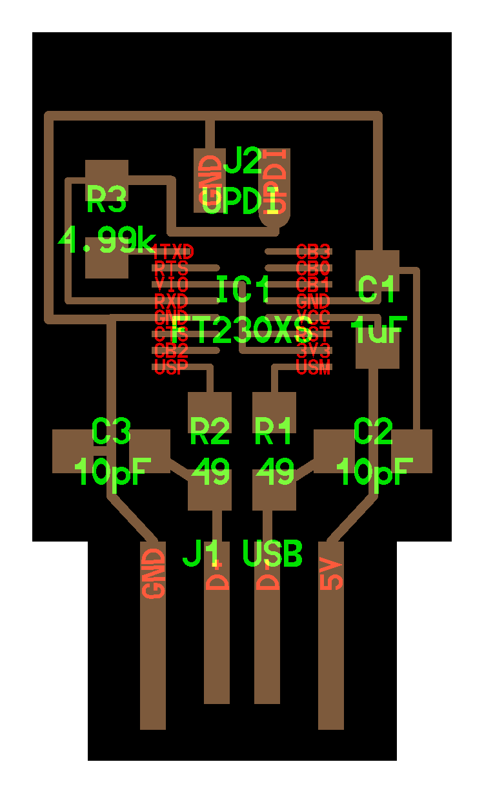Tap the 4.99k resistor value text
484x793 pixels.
point(106,241)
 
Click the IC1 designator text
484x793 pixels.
point(244,290)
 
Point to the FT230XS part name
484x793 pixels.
point(243,331)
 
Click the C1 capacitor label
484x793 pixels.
point(377,290)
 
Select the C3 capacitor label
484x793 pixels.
point(112,431)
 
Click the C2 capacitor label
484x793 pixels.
point(374,431)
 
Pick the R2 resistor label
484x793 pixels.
point(210,431)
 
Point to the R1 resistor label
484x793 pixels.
point(274,431)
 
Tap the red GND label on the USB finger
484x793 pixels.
point(154,574)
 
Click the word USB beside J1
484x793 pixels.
point(272,554)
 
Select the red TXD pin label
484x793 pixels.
point(174,251)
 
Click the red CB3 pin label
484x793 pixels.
point(314,251)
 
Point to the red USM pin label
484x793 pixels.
point(314,368)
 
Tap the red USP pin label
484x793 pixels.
point(170,368)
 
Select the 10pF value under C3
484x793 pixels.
point(113,473)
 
